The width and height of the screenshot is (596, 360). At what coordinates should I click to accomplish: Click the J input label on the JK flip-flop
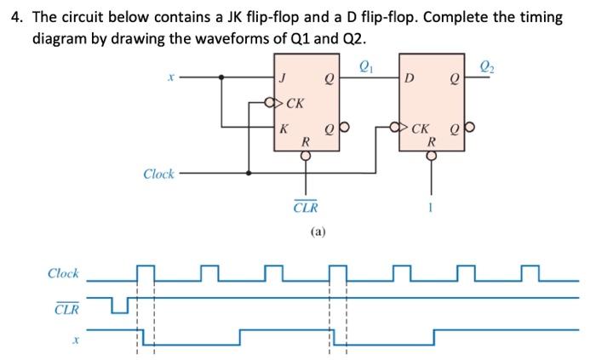pyautogui.click(x=284, y=82)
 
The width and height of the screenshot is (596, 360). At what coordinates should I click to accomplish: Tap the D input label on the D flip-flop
pyautogui.click(x=411, y=82)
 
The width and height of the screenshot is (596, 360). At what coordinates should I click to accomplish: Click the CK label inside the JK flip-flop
pyautogui.click(x=295, y=105)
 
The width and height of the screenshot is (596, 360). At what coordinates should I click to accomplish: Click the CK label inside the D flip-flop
pyautogui.click(x=420, y=130)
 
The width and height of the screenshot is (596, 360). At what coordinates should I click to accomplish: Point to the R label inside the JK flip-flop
pyautogui.click(x=305, y=143)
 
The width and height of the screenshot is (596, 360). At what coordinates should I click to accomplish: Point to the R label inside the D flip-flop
pyautogui.click(x=431, y=142)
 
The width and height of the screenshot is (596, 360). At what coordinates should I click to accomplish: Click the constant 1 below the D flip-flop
pyautogui.click(x=431, y=205)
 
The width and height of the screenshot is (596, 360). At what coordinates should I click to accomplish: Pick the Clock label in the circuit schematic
pyautogui.click(x=158, y=174)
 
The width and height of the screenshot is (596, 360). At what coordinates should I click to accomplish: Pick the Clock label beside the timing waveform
pyautogui.click(x=63, y=273)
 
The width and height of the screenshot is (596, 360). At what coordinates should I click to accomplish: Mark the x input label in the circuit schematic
pyautogui.click(x=170, y=77)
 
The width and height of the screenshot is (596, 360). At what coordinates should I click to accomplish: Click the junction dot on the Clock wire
pyautogui.click(x=249, y=173)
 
